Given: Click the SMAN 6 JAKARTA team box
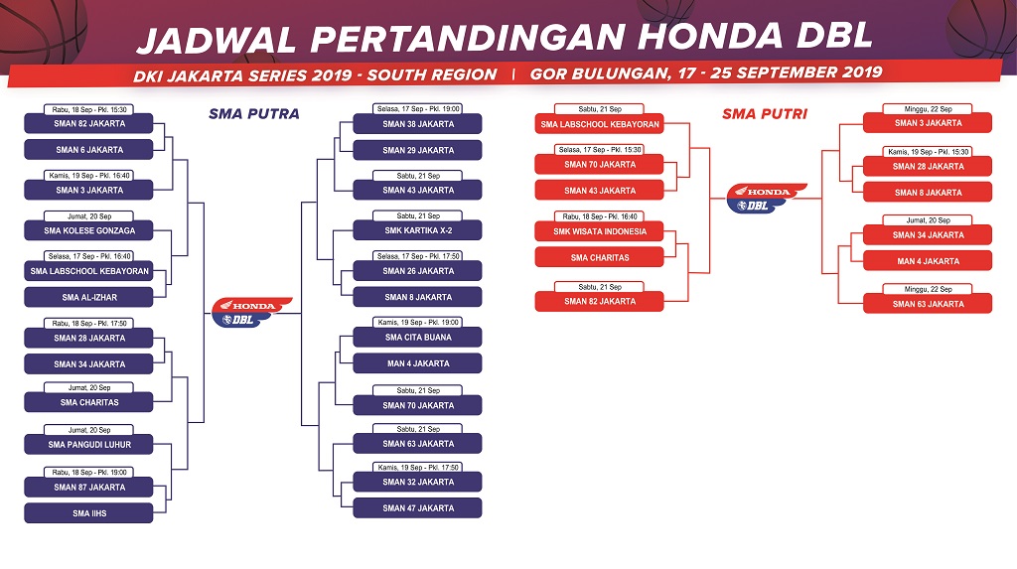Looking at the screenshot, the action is click(88, 149).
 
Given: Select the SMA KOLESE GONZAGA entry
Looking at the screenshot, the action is click(88, 230).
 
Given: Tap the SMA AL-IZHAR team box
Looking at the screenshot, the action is click(88, 297).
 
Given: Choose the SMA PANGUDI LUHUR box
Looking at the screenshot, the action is click(88, 445).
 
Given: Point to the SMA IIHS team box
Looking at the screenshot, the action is click(88, 513).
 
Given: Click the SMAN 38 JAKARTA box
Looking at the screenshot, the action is click(418, 124).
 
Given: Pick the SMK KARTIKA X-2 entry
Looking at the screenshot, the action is click(418, 230).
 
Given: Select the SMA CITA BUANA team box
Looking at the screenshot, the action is click(418, 338).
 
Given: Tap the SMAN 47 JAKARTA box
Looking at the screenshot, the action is click(418, 508).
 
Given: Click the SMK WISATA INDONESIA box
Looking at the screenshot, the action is click(599, 231).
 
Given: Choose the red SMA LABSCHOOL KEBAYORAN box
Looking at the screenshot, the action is click(599, 124).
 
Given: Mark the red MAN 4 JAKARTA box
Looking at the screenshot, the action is click(928, 261).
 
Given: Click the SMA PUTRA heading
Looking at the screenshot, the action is click(254, 114).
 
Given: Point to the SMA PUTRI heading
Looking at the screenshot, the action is click(765, 114).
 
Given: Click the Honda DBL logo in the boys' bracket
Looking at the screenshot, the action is click(251, 312).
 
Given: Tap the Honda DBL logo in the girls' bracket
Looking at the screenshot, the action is click(766, 198).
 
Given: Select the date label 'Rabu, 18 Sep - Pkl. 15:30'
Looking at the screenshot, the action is click(89, 109).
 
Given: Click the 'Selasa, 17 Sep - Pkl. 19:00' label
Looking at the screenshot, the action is click(418, 109).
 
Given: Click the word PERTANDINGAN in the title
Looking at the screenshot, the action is click(469, 38).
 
